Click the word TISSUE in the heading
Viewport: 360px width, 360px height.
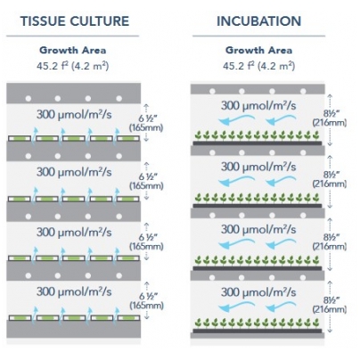point(42,21)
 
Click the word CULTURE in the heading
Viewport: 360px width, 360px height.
point(100,21)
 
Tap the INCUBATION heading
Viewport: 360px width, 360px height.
point(258,21)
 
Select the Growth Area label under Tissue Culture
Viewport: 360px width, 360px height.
point(73,50)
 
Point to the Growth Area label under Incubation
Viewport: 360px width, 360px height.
point(258,50)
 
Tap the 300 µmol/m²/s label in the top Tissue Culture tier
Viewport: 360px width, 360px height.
point(74,115)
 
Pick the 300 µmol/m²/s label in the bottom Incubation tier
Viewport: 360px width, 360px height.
point(258,292)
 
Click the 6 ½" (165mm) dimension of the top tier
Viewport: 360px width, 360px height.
point(146,123)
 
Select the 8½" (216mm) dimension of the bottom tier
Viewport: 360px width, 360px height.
point(330,304)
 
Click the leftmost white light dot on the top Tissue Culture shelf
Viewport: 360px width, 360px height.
point(29,99)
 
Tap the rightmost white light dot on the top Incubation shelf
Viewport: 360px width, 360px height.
point(303,91)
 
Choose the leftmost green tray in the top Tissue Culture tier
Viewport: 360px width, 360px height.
point(20,138)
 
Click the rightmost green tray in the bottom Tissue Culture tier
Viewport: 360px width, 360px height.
point(128,318)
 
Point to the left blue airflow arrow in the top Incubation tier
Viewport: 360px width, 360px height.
point(236,120)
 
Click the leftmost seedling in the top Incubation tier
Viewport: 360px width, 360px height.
point(199,135)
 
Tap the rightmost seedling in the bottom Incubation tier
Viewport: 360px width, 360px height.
point(316,322)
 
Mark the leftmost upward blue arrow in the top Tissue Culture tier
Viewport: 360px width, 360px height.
point(35,135)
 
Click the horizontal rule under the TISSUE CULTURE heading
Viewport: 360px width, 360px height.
point(73,36)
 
